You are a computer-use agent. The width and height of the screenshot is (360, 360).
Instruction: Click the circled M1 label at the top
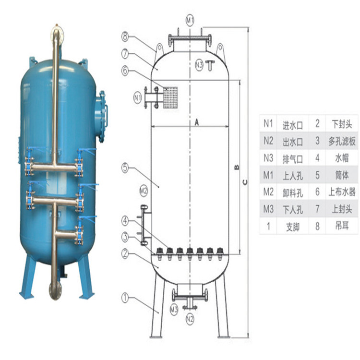190,20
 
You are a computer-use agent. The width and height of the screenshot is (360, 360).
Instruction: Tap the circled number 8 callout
125,36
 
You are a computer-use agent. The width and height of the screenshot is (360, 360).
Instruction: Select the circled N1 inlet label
138,98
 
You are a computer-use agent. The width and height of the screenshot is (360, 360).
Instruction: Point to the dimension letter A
197,122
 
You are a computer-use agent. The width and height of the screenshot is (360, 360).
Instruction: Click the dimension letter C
245,182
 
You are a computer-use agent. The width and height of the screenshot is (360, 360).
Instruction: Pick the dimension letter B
237,167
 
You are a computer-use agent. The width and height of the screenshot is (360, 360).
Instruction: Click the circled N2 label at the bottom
190,319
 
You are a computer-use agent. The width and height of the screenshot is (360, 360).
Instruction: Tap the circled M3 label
174,310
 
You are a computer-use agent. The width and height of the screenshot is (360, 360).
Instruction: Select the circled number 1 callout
125,298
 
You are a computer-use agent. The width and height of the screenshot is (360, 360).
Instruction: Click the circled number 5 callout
125,168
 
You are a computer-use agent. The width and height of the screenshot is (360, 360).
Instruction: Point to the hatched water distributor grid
170,97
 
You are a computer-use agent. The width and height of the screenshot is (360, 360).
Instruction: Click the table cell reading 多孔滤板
342,141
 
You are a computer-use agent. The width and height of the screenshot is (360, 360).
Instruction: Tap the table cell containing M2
268,192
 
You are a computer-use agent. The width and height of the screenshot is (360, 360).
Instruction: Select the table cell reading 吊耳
342,226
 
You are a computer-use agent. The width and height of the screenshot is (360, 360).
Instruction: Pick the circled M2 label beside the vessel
144,191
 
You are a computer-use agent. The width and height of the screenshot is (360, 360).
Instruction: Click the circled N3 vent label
199,65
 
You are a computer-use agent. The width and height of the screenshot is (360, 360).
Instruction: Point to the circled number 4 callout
125,221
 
